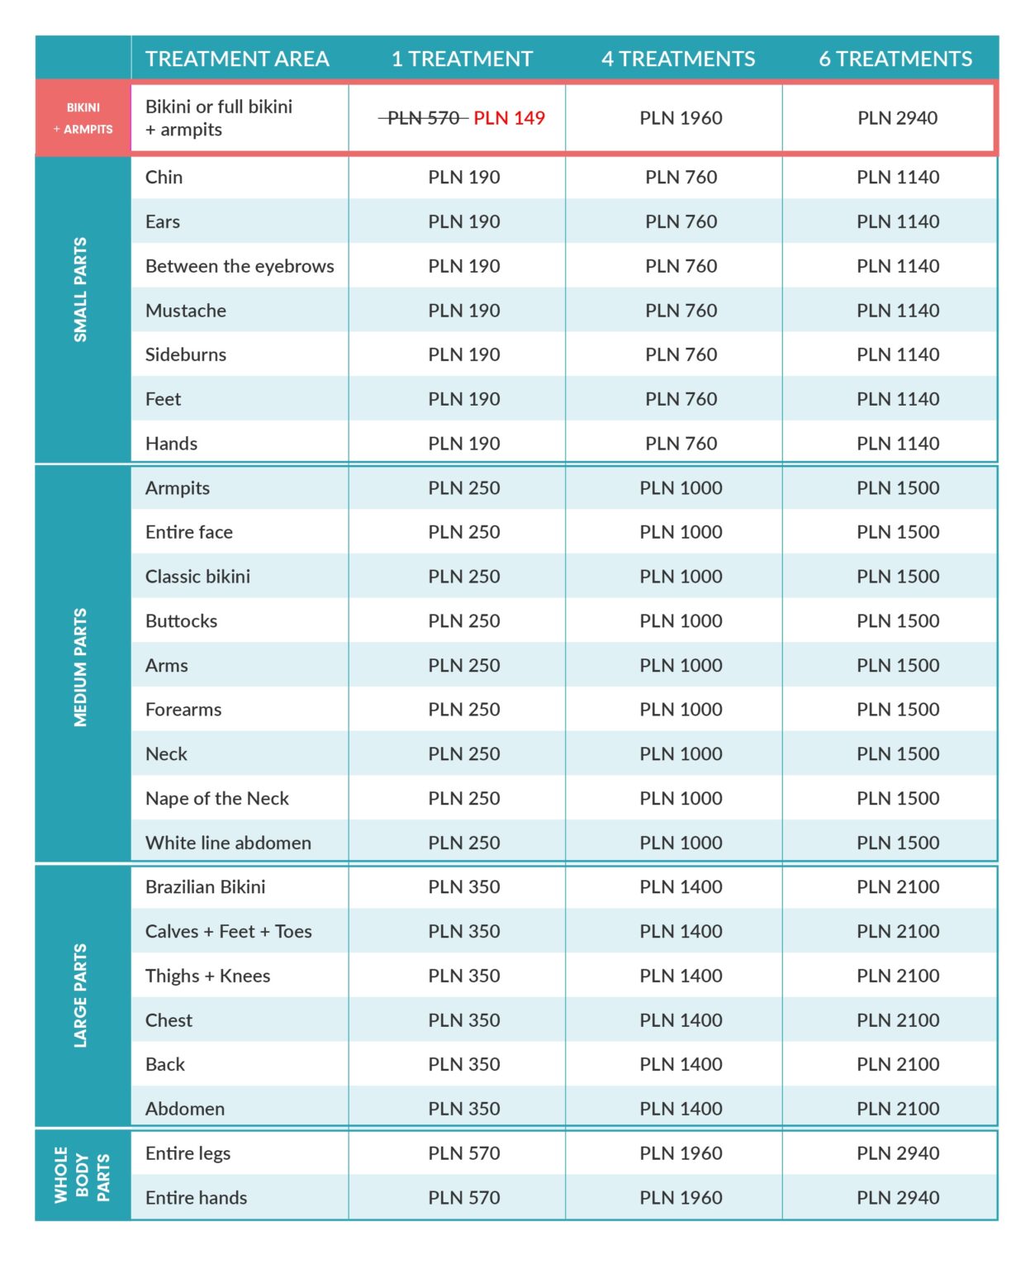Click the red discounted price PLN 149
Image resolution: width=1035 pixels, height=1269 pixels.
pyautogui.click(x=509, y=118)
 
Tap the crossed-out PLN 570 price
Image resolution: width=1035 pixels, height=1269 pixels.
pyautogui.click(x=424, y=118)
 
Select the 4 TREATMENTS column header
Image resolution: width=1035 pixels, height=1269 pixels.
pyautogui.click(x=678, y=59)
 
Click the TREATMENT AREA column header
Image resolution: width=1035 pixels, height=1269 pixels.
pyautogui.click(x=237, y=59)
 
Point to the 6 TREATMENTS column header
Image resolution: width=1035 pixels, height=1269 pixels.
pyautogui.click(x=895, y=59)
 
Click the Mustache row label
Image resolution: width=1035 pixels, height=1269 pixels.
pyautogui.click(x=185, y=311)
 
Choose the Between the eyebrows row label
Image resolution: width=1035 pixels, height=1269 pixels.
pyautogui.click(x=240, y=266)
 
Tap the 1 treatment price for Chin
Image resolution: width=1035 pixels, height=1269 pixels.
pyautogui.click(x=464, y=177)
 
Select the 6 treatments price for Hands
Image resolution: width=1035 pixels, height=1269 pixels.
pyautogui.click(x=898, y=444)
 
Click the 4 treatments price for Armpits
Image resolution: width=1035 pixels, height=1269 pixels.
pyautogui.click(x=681, y=488)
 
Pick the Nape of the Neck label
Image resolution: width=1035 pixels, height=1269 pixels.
pyautogui.click(x=216, y=798)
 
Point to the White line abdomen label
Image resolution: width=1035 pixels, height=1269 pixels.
pyautogui.click(x=228, y=843)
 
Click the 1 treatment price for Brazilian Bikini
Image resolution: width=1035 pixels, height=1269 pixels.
pyautogui.click(x=464, y=887)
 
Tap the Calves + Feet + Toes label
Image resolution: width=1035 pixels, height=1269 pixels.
pyautogui.click(x=228, y=931)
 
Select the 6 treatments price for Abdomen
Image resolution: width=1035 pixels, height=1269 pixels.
pyautogui.click(x=898, y=1109)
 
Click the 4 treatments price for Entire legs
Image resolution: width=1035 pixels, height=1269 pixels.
pyautogui.click(x=681, y=1153)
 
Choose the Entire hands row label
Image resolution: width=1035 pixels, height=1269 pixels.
pyautogui.click(x=196, y=1197)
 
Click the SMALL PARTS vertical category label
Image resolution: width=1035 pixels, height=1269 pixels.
pyautogui.click(x=80, y=290)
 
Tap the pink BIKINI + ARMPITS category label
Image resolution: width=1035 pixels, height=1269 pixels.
pyautogui.click(x=83, y=118)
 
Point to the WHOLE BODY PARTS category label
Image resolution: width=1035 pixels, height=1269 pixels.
pyautogui.click(x=82, y=1174)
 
